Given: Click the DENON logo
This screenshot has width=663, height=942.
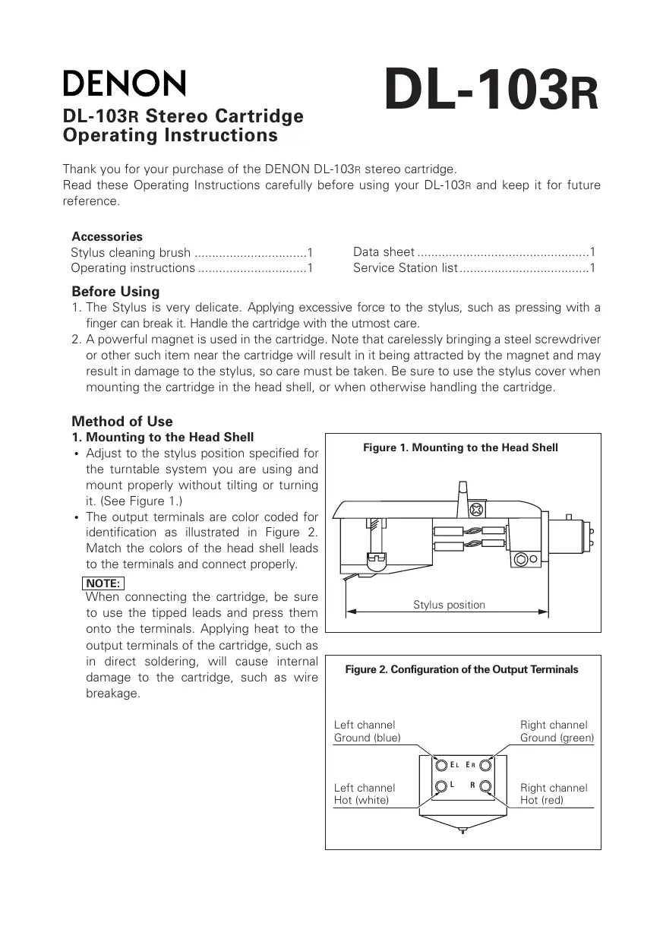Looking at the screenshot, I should [x=124, y=84].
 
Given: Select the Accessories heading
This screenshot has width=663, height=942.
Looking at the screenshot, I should [x=107, y=236].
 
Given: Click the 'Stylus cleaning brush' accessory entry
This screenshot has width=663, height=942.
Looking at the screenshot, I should [x=131, y=253].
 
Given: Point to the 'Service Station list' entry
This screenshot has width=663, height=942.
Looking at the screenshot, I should [x=406, y=268].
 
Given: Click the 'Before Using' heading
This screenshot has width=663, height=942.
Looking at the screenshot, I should [x=115, y=292].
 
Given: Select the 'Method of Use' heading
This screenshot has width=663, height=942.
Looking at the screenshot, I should [x=122, y=422].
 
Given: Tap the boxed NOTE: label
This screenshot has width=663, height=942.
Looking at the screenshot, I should [x=103, y=583].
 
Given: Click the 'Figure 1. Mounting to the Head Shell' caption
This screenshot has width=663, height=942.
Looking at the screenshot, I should [x=460, y=448].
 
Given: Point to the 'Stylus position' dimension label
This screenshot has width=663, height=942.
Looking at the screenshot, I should [x=449, y=605].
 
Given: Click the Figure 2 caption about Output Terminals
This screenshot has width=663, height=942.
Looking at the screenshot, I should [x=462, y=669].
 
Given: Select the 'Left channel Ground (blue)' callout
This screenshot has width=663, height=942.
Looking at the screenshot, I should [x=368, y=732].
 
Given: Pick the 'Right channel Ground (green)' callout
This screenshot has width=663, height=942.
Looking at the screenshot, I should [x=557, y=732].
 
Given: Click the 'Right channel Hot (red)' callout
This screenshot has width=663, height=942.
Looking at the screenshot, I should [x=554, y=795].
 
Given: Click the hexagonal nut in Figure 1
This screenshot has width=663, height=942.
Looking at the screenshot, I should [x=522, y=560].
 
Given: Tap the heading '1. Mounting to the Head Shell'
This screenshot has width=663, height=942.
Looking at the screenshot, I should [x=163, y=438].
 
